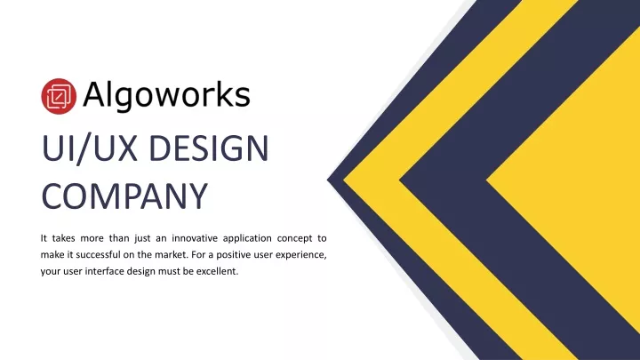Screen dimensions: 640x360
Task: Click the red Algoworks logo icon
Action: pyautogui.click(x=59, y=96)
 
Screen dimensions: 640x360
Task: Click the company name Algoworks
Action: pyautogui.click(x=166, y=96)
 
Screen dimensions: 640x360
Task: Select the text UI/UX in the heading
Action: pyautogui.click(x=90, y=148)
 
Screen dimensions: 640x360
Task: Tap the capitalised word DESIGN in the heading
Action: pyautogui.click(x=209, y=148)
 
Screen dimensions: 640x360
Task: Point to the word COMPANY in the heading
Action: pyautogui.click(x=125, y=196)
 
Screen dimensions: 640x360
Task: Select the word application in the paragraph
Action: pyautogui.click(x=247, y=239)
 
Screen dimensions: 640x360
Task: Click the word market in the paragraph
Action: pyautogui.click(x=172, y=255)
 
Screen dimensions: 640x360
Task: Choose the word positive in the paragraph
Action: pyautogui.click(x=234, y=255)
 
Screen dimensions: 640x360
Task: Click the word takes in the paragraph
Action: pyautogui.click(x=64, y=238)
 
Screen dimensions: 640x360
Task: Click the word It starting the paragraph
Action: pyautogui.click(x=44, y=238)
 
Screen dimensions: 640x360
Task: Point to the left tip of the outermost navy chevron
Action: pyautogui.click(x=327, y=180)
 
